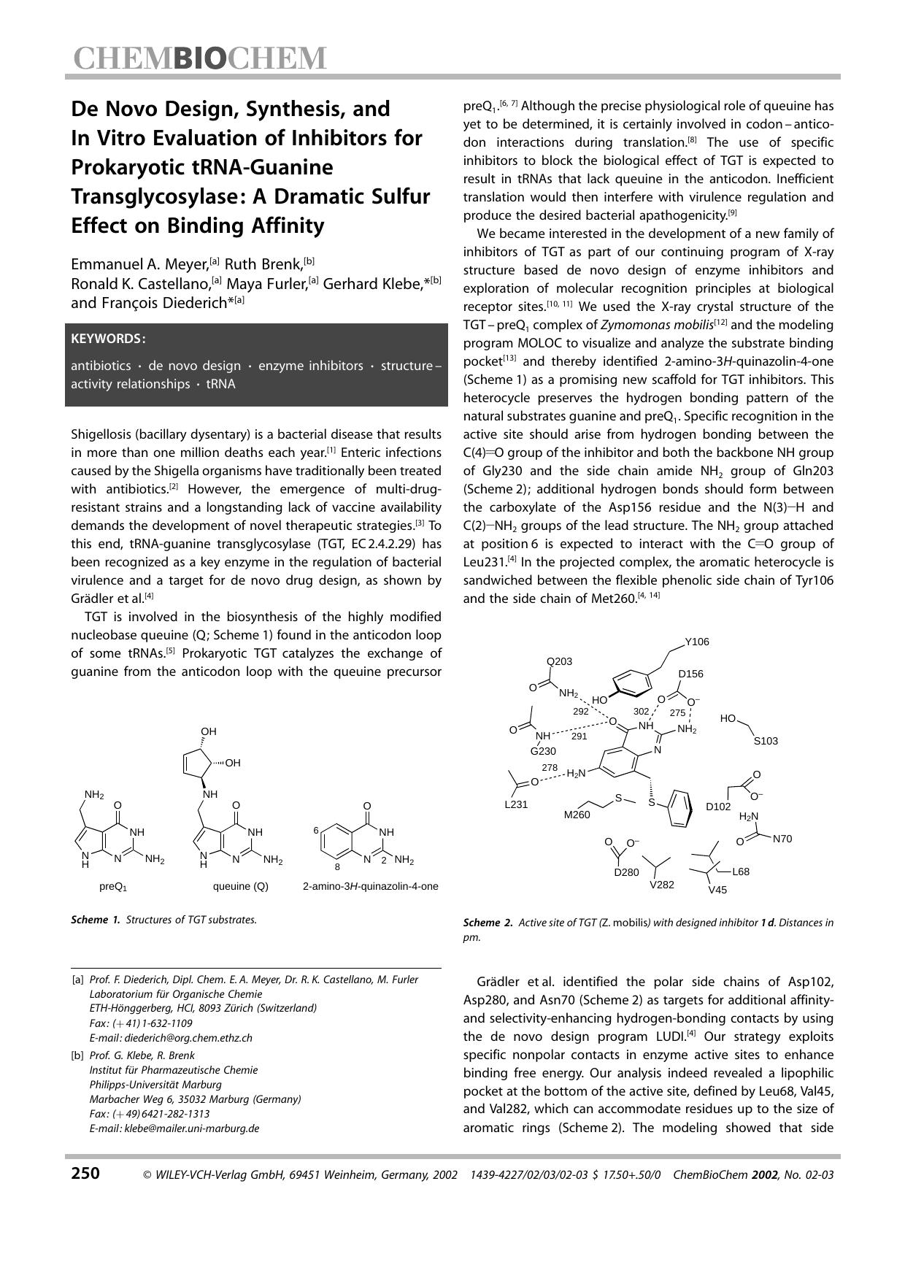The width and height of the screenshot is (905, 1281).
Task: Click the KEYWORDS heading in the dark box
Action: click(108, 339)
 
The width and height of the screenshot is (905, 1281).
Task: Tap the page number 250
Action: click(85, 1174)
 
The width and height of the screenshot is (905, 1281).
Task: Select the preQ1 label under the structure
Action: click(113, 887)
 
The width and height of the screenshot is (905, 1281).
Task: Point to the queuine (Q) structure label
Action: click(240, 886)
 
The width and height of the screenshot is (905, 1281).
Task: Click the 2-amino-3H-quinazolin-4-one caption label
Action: click(370, 886)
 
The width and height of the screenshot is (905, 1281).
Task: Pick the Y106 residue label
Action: click(697, 642)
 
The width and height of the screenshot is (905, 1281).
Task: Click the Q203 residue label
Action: click(560, 661)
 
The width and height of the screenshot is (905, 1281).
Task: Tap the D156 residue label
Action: click(690, 674)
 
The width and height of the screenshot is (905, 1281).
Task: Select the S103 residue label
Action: click(766, 741)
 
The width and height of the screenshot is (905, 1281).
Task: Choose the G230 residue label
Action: click(543, 751)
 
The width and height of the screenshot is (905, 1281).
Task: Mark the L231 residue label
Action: click(516, 804)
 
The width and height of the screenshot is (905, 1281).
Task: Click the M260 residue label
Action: click(577, 815)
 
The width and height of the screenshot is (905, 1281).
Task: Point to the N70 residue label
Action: click(782, 839)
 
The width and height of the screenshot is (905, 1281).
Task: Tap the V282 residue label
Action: click(662, 885)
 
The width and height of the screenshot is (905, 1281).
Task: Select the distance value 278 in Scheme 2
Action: click(550, 768)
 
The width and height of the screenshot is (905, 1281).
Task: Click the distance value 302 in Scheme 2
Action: click(641, 711)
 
